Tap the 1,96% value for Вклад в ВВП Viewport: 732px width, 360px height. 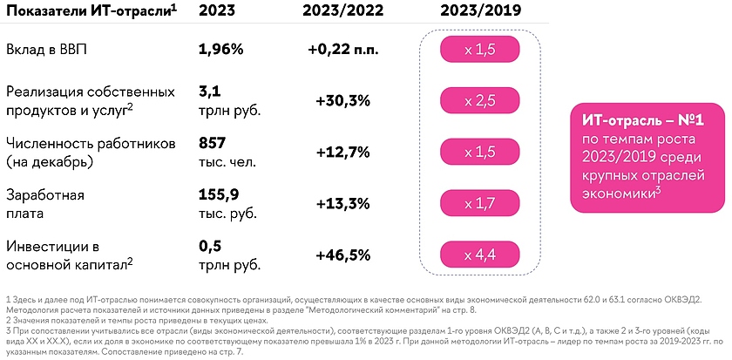(221, 50)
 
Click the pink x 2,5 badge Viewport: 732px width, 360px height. (479, 101)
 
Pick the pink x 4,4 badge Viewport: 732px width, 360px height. (479, 255)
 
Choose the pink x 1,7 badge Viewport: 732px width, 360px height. (479, 203)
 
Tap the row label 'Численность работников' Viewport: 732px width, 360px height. (91, 143)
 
